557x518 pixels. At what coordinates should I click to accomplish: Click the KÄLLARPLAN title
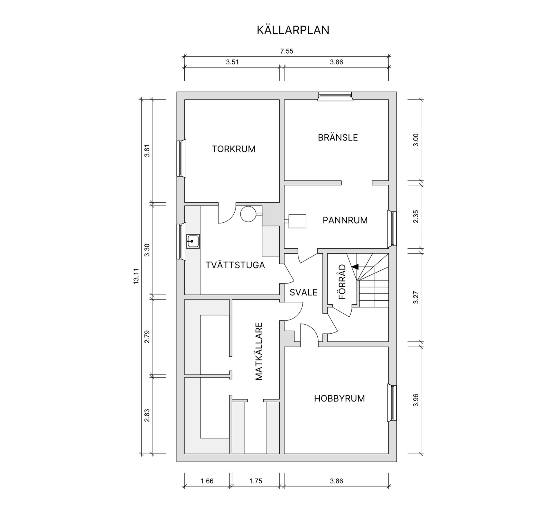coord(293,30)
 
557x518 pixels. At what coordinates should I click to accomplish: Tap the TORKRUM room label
coord(234,149)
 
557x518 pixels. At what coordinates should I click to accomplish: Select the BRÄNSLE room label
coord(338,137)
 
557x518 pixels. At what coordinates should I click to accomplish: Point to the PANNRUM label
coord(345,220)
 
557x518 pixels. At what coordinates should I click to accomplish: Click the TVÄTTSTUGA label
coord(235,265)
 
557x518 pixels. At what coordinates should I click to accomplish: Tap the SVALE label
coord(303,292)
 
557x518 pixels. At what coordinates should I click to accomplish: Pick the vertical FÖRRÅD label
coord(342,281)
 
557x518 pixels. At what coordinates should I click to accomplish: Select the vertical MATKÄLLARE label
coord(259,351)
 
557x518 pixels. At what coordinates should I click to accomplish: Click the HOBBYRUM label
coord(339,399)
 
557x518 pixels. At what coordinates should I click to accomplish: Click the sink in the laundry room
coord(193,241)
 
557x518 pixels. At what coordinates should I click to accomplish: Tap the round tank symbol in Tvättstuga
coord(248,214)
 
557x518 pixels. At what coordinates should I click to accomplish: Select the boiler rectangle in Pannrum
coord(297,221)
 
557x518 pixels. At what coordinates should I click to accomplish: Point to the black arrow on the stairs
coord(355,266)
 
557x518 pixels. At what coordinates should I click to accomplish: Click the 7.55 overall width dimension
coord(286,51)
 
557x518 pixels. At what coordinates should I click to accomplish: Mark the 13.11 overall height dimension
coord(137,276)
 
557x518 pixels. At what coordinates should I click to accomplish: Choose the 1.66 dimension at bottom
coord(207,481)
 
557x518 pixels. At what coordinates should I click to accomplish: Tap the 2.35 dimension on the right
coord(416,216)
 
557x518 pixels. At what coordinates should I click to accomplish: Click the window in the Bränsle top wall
coord(335,96)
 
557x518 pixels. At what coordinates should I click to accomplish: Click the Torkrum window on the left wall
coord(181,158)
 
